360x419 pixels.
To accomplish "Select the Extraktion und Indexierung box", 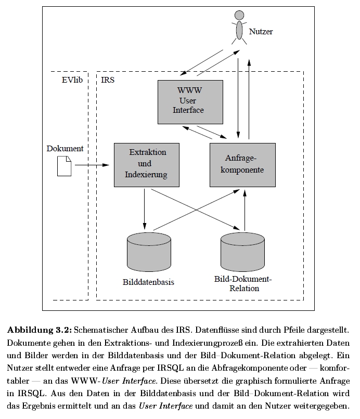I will tap(146, 164).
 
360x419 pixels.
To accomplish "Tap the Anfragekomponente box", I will tap(242, 164).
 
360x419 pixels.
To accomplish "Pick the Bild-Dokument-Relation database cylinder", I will tap(242, 250).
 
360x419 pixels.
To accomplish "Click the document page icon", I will tap(64, 166).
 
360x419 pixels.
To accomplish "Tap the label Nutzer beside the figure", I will tap(261, 32).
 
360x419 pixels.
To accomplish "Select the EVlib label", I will tap(72, 80).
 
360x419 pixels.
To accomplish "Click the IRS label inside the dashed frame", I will tap(108, 80).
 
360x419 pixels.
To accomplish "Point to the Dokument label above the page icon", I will tap(65, 148).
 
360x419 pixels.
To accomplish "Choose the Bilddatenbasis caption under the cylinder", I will tap(148, 282).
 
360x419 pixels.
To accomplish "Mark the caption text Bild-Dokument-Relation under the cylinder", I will tap(243, 283).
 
